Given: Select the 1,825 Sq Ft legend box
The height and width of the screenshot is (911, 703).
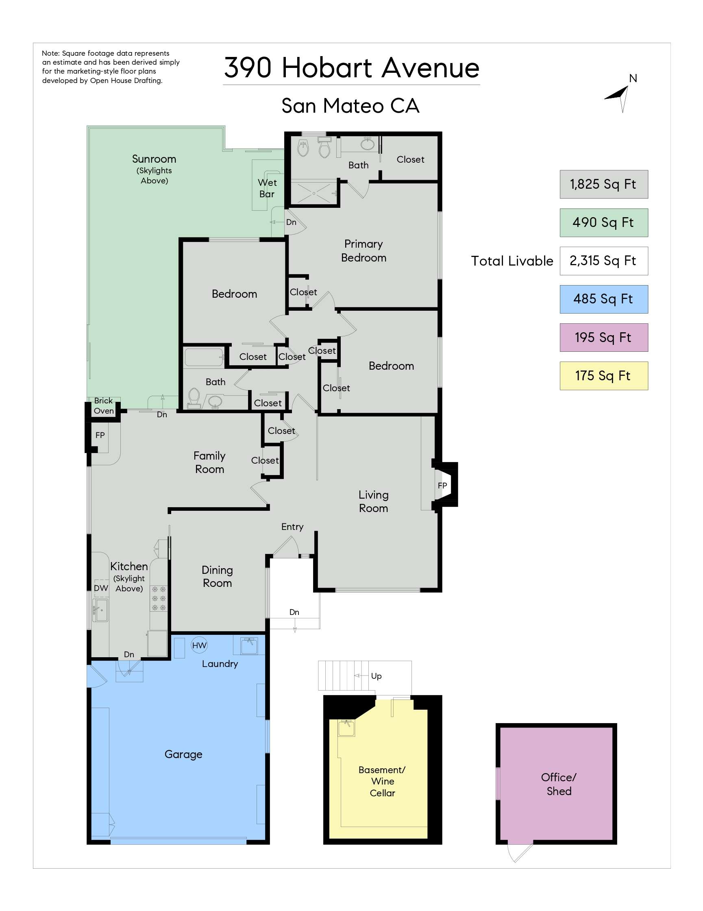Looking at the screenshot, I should click(603, 184).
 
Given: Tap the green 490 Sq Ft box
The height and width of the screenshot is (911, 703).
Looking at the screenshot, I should click(603, 222).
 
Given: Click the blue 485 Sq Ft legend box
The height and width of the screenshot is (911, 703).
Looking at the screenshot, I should click(603, 299).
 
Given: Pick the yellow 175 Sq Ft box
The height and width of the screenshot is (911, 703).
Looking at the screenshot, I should click(603, 376).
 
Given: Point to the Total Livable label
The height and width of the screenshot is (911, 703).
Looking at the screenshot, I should click(511, 261).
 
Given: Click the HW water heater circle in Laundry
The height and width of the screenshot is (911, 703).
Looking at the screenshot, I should click(199, 645).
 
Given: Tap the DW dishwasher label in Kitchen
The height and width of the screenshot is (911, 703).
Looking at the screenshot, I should click(100, 588).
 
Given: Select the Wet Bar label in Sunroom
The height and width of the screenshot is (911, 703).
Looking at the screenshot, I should click(267, 188).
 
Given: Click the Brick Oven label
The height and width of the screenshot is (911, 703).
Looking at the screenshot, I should click(103, 405).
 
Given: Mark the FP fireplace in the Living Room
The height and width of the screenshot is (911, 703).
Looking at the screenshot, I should click(442, 485).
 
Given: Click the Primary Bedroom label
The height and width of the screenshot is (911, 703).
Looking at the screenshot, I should click(363, 251).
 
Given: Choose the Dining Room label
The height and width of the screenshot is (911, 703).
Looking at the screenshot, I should click(217, 576).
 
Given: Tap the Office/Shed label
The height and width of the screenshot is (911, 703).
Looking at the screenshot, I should click(558, 784).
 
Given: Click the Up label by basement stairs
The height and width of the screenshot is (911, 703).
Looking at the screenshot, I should click(376, 676).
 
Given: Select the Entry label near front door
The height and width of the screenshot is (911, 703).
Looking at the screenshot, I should click(292, 527).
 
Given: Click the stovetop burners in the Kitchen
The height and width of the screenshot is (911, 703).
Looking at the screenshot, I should click(159, 599).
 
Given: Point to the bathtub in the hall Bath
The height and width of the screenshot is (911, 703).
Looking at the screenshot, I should click(204, 357).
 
